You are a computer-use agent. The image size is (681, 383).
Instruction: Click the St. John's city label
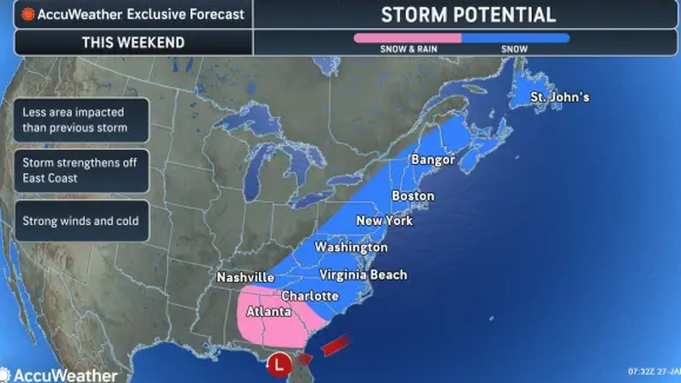tap(560, 96)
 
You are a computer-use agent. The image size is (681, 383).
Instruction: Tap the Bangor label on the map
tap(432, 160)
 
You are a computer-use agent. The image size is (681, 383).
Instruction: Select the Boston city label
tap(413, 196)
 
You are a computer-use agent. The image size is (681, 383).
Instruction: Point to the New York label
tap(384, 220)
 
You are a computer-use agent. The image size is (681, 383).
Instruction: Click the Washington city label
tap(351, 247)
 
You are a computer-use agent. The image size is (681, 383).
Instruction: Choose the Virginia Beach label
tap(363, 275)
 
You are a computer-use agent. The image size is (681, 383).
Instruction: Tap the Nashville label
tap(246, 277)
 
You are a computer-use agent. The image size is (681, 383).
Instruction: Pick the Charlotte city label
tap(309, 296)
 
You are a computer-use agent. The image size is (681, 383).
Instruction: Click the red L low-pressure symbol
tap(278, 363)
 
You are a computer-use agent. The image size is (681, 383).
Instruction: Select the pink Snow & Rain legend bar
tap(407, 38)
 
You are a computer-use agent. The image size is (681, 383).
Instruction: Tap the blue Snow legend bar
tap(516, 38)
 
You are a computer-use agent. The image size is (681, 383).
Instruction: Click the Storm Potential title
tap(468, 14)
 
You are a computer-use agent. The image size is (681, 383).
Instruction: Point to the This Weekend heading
tap(133, 42)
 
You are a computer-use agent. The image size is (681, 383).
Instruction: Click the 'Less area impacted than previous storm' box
tap(81, 120)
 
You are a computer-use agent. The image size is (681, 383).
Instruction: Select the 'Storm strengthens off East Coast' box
tap(81, 170)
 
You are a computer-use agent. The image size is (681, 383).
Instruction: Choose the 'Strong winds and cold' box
tap(81, 220)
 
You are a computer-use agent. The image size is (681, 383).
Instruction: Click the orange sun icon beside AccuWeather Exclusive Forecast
tap(27, 14)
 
